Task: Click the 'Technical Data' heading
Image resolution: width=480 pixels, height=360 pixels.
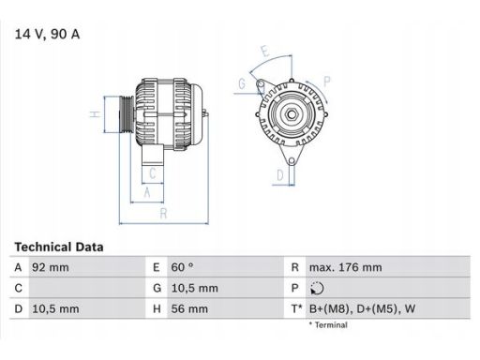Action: coord(58,247)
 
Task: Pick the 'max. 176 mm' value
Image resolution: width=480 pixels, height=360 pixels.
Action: coord(345,267)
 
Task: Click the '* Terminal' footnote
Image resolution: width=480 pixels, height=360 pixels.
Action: coord(327,325)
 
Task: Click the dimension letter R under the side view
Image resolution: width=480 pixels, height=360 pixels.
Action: coord(164,213)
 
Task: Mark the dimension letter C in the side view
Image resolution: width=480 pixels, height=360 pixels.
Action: coord(152,172)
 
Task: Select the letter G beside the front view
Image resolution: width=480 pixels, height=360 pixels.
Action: coord(241,83)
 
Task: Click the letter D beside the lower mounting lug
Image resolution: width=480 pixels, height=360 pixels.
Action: coord(279,174)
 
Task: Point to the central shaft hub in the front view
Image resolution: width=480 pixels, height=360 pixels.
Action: coord(291,116)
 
